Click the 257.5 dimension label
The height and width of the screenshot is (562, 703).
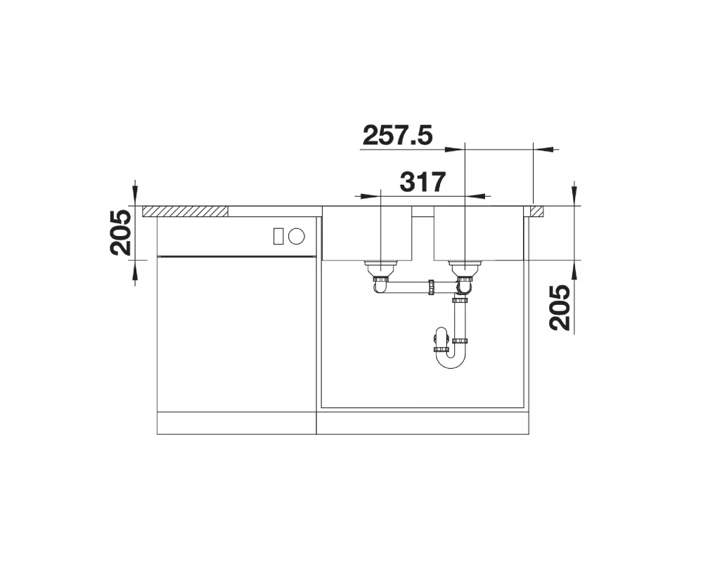(x=398, y=136)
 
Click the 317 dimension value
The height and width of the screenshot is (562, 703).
(x=423, y=182)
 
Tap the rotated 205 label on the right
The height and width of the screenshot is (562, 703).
(x=560, y=308)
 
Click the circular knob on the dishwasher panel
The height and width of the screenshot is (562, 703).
(x=297, y=236)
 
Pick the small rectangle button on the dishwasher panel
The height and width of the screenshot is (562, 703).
(x=278, y=236)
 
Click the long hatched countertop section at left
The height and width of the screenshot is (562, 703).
(x=185, y=211)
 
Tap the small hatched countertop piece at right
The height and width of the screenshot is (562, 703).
(x=536, y=211)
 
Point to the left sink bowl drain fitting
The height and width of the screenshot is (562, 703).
(x=380, y=268)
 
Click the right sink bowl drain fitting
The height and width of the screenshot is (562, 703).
(x=465, y=268)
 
